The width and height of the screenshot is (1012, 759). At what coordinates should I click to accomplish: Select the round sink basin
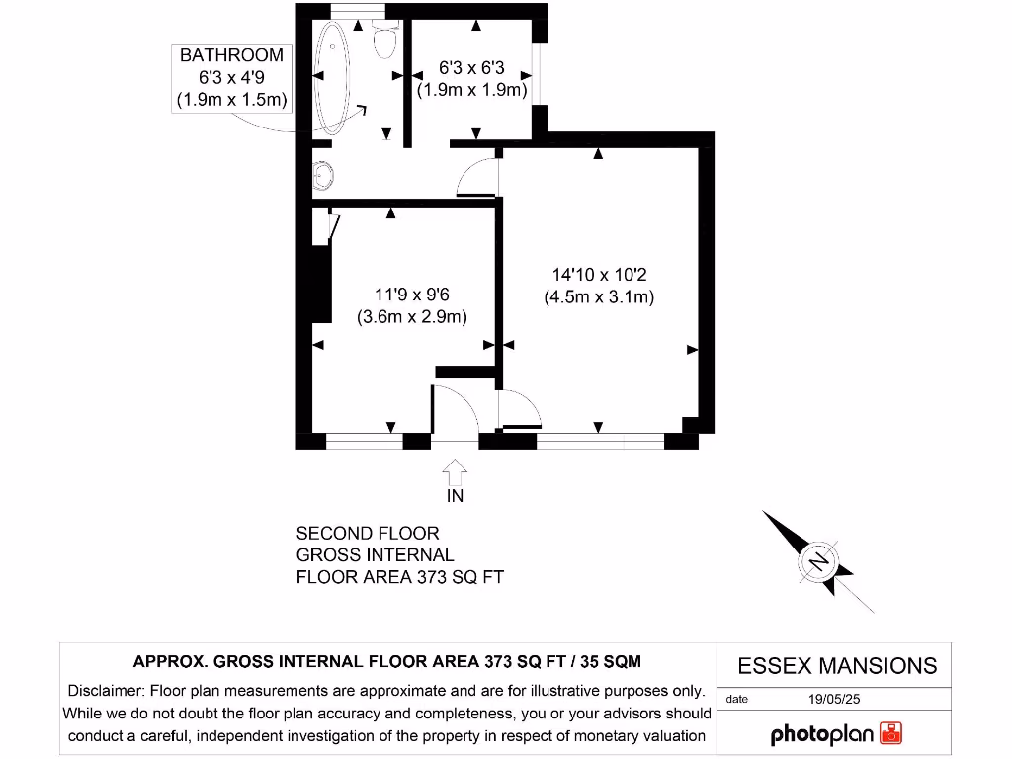pos(323,177)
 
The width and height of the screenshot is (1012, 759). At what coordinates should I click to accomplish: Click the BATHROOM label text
pos(231,55)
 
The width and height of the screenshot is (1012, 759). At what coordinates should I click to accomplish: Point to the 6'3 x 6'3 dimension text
pos(471,70)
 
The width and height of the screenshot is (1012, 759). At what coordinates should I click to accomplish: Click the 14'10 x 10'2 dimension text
pos(599,275)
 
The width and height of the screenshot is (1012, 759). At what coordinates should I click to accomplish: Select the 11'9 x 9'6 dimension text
pos(412,295)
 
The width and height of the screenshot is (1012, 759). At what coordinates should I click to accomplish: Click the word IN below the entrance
pos(455,496)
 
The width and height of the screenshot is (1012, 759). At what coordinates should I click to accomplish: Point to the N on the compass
pos(818,561)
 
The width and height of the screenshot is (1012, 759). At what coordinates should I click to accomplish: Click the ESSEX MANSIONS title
pos(837,665)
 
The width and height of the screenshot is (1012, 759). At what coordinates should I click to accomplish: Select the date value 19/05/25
pos(835,699)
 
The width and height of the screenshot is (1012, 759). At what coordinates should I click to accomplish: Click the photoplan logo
pos(836,734)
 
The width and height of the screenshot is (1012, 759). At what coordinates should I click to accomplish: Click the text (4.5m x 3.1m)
pos(599,296)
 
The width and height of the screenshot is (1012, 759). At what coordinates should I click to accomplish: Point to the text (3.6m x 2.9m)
pos(412,316)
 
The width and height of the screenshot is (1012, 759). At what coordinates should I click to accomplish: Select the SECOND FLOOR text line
pos(368,534)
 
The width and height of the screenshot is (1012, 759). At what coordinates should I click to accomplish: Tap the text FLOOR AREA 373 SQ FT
pos(400,577)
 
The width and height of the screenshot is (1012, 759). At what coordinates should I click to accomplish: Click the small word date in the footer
pos(737,699)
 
